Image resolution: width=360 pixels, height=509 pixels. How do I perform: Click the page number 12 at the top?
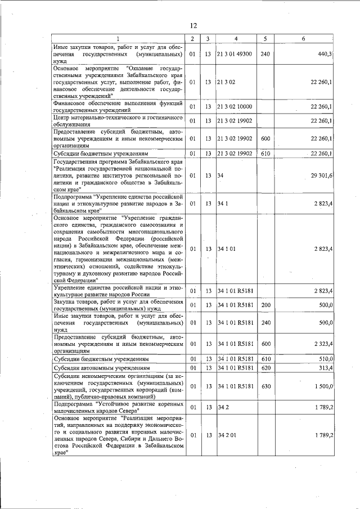click(193, 26)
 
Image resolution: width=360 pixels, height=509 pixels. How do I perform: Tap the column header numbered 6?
click(303, 38)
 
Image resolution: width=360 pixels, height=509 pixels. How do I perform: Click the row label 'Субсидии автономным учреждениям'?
click(101, 368)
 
